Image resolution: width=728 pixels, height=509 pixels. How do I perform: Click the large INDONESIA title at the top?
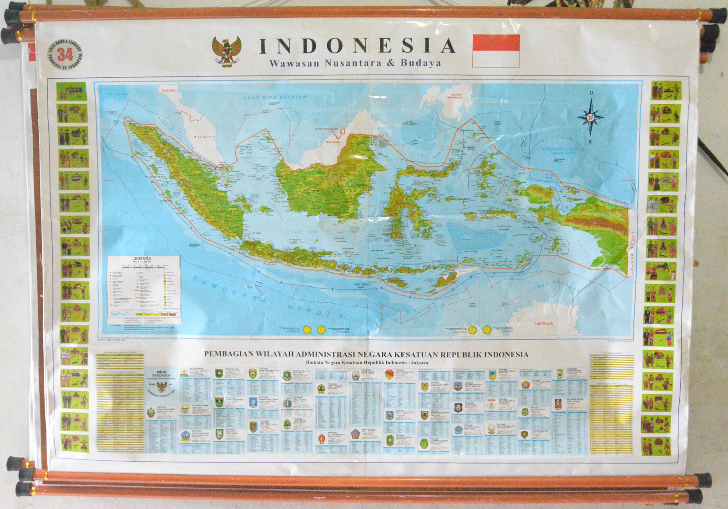358,46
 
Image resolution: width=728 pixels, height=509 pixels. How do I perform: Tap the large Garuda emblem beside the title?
227,51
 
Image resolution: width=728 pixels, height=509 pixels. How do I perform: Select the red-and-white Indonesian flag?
496,51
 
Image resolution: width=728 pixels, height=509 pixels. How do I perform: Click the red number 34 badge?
65,55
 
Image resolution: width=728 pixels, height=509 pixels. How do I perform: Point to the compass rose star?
591,117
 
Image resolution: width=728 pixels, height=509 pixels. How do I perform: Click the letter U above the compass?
591,93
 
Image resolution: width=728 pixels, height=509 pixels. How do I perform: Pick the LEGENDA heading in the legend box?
142,259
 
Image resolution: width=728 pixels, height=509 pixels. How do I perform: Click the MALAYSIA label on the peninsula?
204,137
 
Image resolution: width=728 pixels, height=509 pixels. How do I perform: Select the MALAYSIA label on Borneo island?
332,142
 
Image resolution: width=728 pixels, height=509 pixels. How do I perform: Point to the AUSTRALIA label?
543,323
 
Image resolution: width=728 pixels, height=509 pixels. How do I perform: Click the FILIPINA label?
455,95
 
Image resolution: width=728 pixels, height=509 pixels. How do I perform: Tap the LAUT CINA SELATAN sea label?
275,97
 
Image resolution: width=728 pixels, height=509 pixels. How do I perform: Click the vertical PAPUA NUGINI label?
631,253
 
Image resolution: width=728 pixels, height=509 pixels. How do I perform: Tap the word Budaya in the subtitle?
421,63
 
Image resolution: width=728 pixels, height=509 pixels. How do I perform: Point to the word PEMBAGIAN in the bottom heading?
226,354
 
